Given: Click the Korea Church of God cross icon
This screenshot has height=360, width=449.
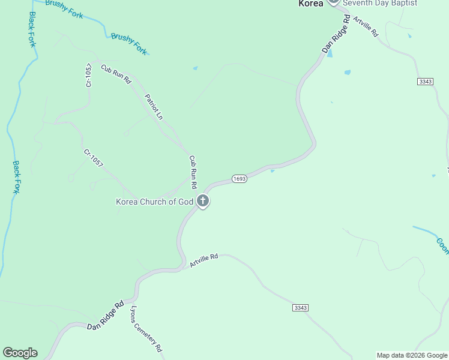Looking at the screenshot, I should (203, 202).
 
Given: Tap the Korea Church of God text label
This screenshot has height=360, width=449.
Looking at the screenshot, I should (154, 202).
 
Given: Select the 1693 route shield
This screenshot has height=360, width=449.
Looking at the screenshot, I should (239, 179).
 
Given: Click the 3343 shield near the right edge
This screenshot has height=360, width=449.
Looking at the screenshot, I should (425, 81).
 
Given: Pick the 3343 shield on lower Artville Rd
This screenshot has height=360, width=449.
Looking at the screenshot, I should (301, 308).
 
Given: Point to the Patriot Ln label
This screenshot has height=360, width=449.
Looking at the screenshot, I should (154, 106).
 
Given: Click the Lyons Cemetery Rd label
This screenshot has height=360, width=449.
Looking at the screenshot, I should (146, 329).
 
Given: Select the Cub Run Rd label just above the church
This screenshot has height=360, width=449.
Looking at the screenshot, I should (193, 172).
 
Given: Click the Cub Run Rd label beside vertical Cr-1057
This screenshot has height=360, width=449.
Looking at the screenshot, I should (116, 74).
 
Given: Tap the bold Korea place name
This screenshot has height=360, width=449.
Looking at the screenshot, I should (311, 3).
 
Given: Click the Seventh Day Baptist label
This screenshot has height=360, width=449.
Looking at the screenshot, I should (380, 3).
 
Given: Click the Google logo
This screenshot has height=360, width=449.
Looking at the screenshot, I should (20, 353).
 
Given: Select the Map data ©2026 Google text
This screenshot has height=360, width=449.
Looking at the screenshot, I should (412, 355).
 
